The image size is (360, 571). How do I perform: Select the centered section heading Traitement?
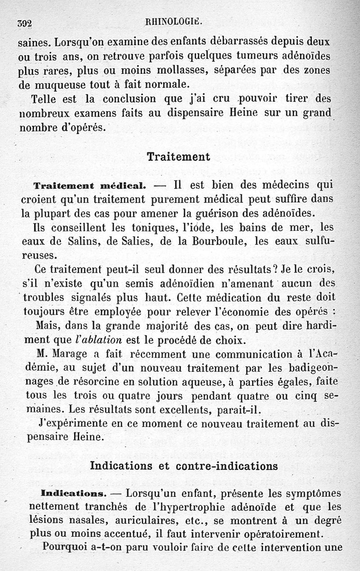point(179,157)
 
